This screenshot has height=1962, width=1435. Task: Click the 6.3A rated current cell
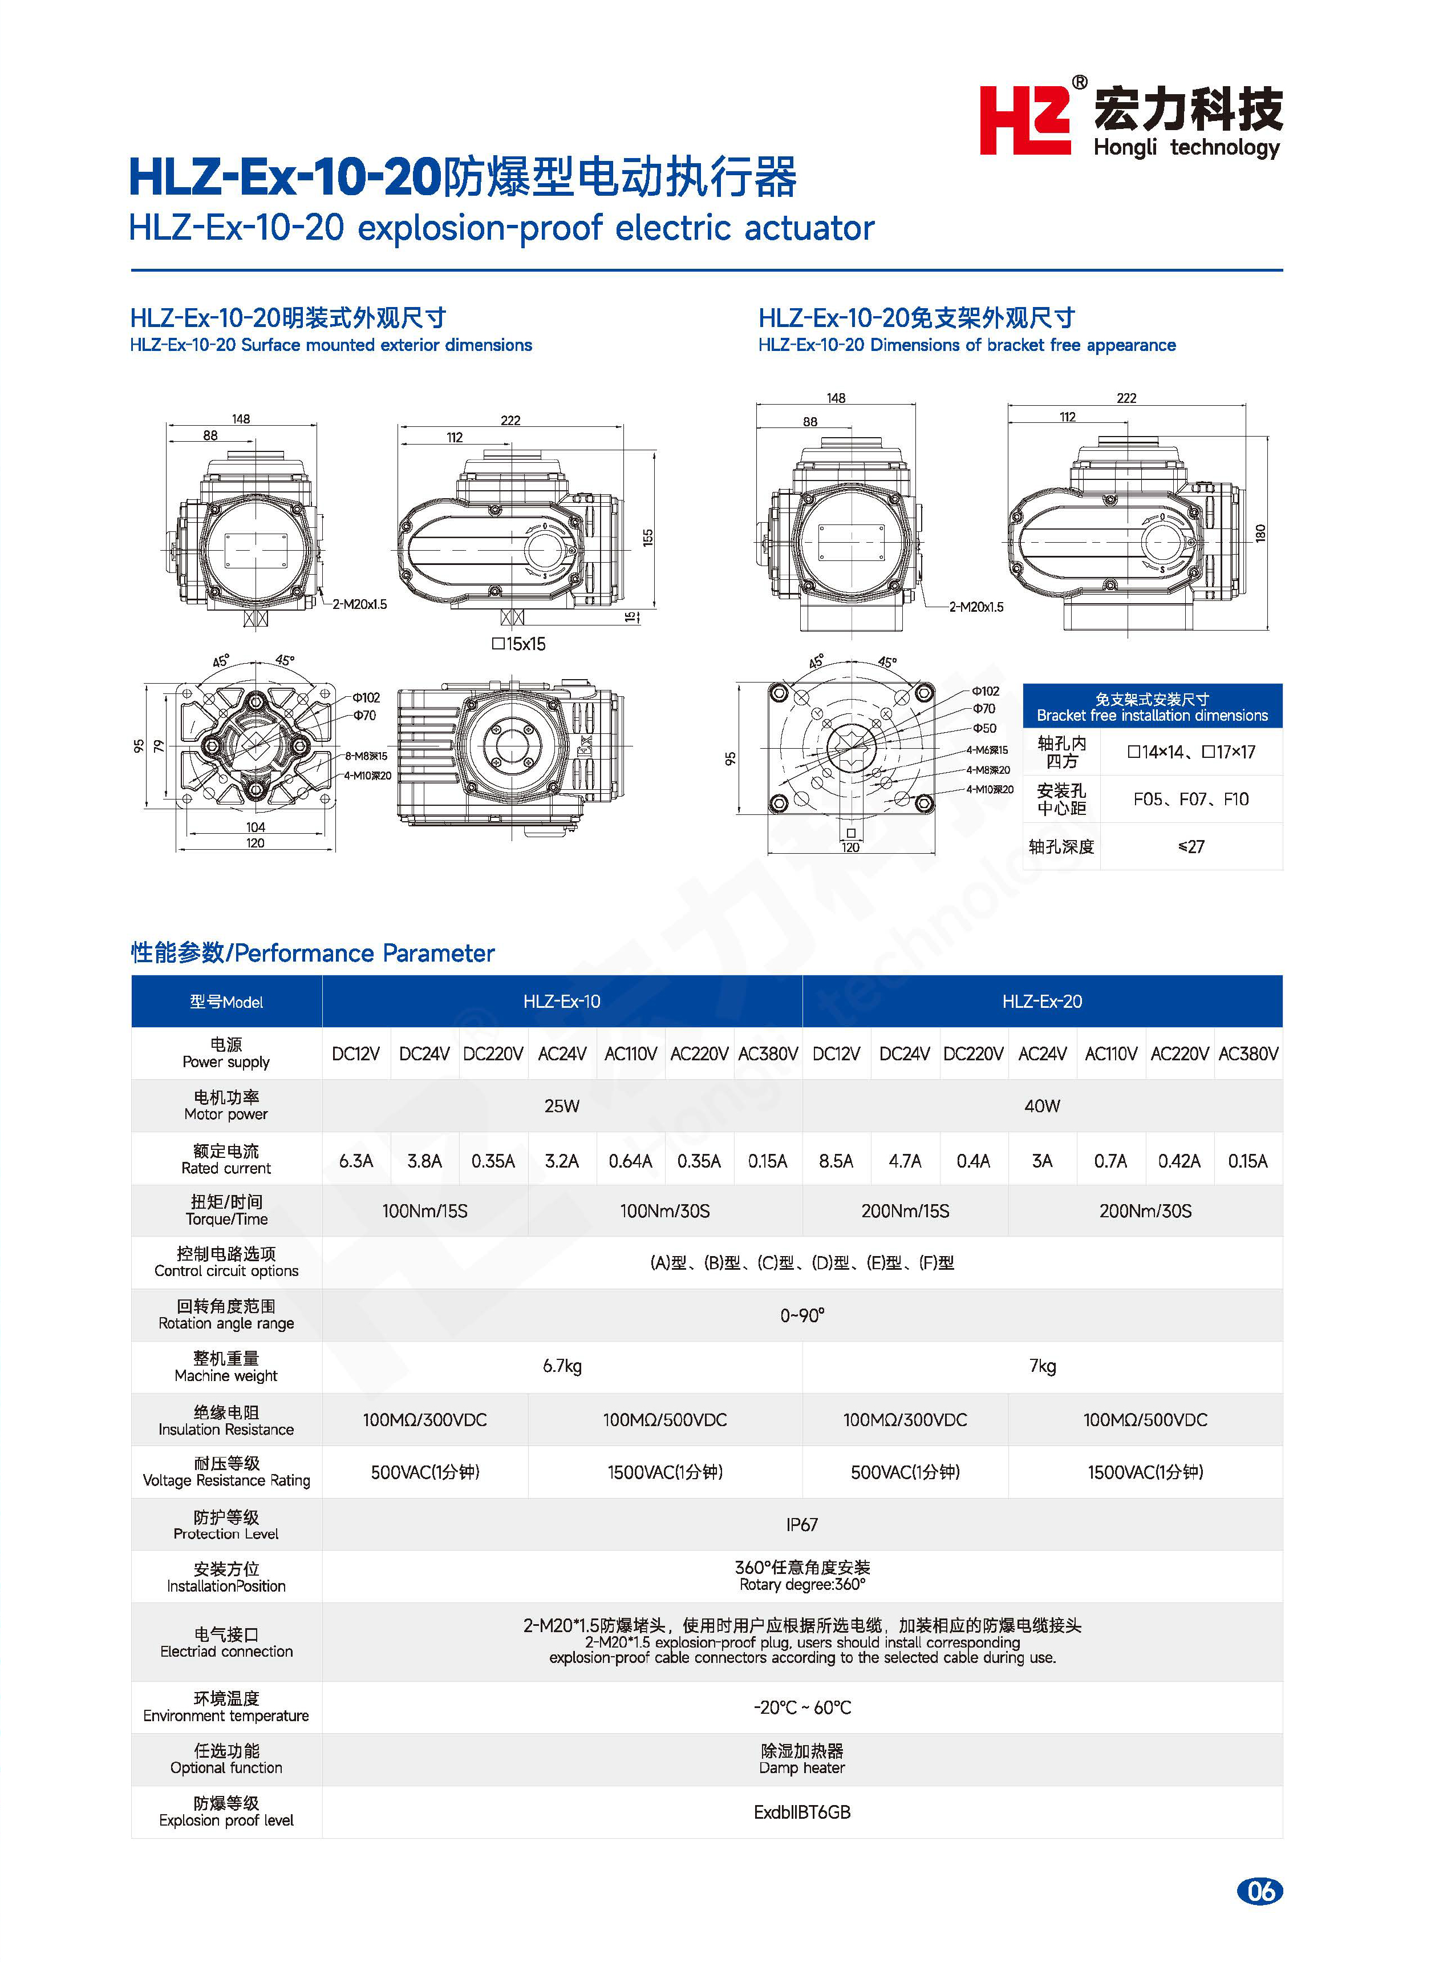pyautogui.click(x=356, y=1161)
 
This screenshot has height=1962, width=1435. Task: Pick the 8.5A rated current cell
pyautogui.click(x=836, y=1161)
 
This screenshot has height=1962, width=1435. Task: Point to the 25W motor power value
pyautogui.click(x=561, y=1106)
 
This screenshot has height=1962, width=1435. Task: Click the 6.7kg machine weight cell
pyautogui.click(x=562, y=1366)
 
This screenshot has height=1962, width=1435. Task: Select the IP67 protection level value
pyautogui.click(x=802, y=1524)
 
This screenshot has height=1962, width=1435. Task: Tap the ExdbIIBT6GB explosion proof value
pyautogui.click(x=802, y=1812)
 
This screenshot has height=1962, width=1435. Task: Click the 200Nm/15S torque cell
pyautogui.click(x=905, y=1210)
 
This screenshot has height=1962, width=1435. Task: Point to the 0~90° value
pyautogui.click(x=802, y=1315)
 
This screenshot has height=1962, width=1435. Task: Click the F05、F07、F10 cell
pyautogui.click(x=1191, y=798)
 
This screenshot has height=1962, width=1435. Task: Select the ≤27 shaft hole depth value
pyautogui.click(x=1191, y=846)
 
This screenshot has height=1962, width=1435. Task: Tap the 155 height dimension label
pyautogui.click(x=648, y=537)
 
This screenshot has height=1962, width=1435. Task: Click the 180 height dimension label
pyautogui.click(x=1260, y=532)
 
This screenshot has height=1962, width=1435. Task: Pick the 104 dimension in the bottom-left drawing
pyautogui.click(x=256, y=827)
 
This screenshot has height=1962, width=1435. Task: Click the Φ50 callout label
pyautogui.click(x=984, y=728)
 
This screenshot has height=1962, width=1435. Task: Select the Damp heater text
pyautogui.click(x=802, y=1767)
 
